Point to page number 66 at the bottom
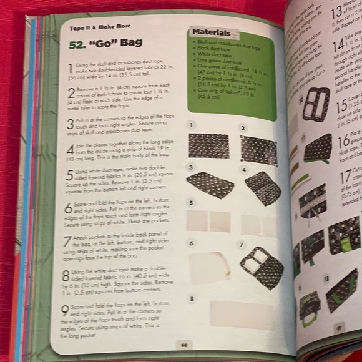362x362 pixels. click(184, 344)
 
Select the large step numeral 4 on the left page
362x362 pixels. click(70, 150)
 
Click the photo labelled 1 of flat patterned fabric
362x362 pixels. click(209, 145)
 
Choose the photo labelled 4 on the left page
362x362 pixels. click(263, 187)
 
